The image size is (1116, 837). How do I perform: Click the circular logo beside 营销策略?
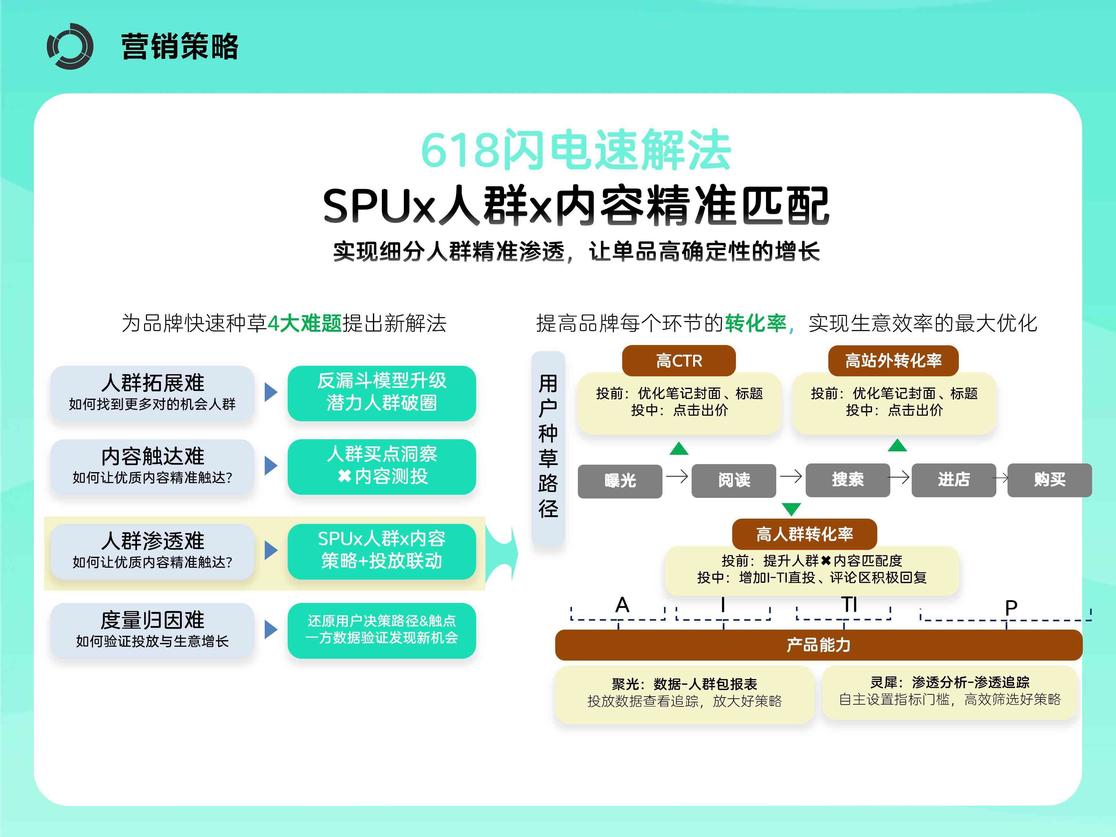pyautogui.click(x=70, y=46)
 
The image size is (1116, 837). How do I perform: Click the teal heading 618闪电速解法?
pyautogui.click(x=576, y=150)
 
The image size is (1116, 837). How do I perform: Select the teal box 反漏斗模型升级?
pyautogui.click(x=381, y=392)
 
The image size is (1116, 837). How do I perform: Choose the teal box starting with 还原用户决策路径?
pyautogui.click(x=381, y=630)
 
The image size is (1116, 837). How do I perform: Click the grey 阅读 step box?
pyautogui.click(x=733, y=480)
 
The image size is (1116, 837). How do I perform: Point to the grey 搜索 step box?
pyautogui.click(x=848, y=480)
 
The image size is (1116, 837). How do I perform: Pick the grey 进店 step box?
pyautogui.click(x=954, y=480)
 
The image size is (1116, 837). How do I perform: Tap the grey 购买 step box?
pyautogui.click(x=1049, y=480)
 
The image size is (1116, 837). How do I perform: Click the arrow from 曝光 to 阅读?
pyautogui.click(x=677, y=476)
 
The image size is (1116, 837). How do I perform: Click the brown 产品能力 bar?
pyautogui.click(x=818, y=645)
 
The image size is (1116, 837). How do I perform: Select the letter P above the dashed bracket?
pyautogui.click(x=1011, y=607)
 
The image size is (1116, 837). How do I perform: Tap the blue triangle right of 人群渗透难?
pyautogui.click(x=271, y=551)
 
